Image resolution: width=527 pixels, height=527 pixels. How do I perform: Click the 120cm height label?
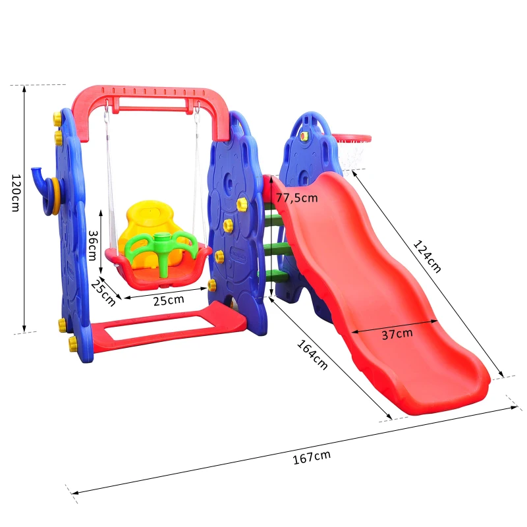pyautogui.click(x=16, y=192)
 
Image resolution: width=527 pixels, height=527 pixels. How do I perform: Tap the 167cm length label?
pyautogui.click(x=312, y=457)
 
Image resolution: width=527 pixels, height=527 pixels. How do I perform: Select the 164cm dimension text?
pyautogui.click(x=312, y=354)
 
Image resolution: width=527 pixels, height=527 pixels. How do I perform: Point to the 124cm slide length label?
pyautogui.click(x=426, y=256)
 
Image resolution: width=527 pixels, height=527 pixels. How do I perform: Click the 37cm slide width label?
pyautogui.click(x=397, y=334)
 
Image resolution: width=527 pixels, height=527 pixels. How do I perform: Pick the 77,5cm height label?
pyautogui.click(x=297, y=198)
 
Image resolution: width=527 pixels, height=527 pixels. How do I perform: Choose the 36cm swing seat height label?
pyautogui.click(x=92, y=245)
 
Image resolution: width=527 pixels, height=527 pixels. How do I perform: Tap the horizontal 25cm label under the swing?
pyautogui.click(x=169, y=300)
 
